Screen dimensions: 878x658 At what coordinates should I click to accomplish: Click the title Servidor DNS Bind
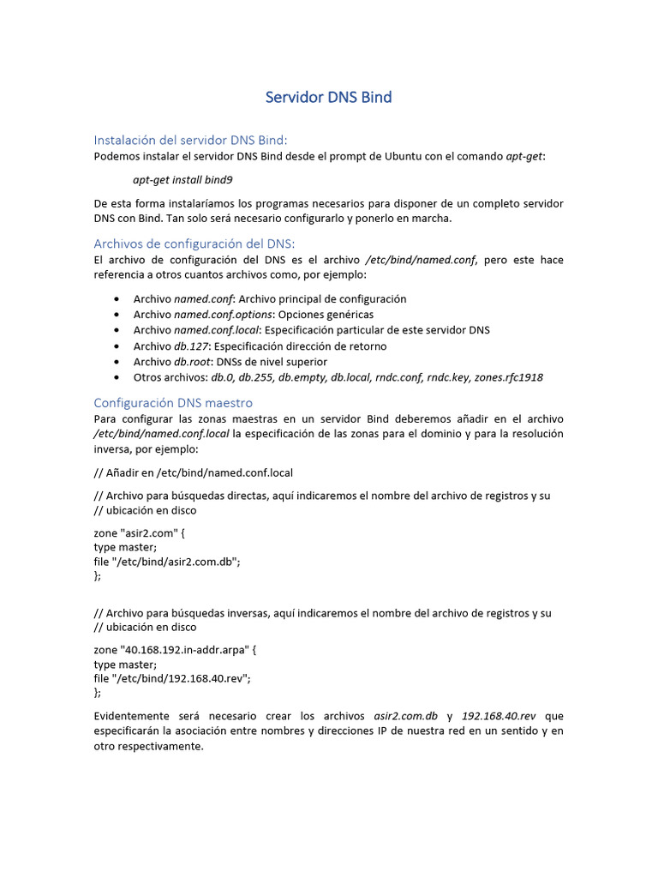[x=328, y=97]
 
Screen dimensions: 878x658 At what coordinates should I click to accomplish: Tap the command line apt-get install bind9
[x=182, y=180]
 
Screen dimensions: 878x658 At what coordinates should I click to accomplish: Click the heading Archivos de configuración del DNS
[x=194, y=244]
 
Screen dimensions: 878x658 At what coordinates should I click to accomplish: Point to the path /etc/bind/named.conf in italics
[x=420, y=260]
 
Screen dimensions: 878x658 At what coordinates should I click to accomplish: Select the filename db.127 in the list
[x=191, y=346]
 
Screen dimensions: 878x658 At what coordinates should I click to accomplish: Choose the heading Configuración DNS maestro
[x=173, y=402]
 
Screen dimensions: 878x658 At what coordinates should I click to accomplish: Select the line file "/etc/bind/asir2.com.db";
[x=167, y=562]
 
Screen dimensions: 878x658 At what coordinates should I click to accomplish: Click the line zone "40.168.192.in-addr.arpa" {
[x=175, y=650]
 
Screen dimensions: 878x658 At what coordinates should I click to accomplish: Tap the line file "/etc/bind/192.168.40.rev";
[x=172, y=678]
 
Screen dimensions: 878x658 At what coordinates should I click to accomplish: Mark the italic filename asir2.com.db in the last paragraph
[x=406, y=716]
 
